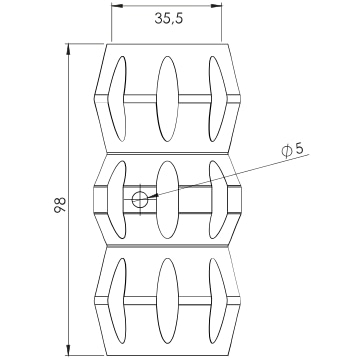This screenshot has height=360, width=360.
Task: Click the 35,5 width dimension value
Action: coord(169,18)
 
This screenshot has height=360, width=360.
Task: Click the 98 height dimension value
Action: coord(60,205)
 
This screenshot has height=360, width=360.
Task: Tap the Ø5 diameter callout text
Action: coord(293,150)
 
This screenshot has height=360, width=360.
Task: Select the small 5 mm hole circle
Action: coord(139,200)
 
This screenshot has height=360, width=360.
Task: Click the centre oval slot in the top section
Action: coord(168,99)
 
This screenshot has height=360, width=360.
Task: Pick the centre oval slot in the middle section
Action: coord(168,200)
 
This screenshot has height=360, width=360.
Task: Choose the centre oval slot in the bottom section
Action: coord(168,301)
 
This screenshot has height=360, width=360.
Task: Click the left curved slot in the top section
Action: coord(117,99)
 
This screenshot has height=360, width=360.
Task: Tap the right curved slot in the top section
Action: coord(218,99)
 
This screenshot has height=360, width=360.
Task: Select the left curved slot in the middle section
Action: coord(117,200)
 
